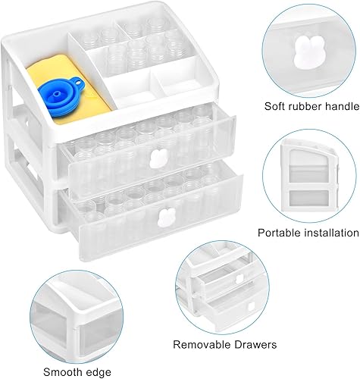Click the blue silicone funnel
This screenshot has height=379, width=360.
coord(62,97)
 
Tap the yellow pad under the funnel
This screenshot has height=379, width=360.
coord(68,89)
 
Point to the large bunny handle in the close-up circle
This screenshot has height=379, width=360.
coord(306,52)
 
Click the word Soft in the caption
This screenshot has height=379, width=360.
coord(274,106)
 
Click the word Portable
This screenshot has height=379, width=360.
coord(277,233)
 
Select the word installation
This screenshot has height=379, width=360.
coord(329,233)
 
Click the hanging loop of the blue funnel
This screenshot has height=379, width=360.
coord(78,82)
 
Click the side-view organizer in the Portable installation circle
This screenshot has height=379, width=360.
coord(309,176)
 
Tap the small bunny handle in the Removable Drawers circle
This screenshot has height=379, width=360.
coord(239,279)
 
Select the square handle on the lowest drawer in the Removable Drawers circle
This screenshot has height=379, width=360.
coord(251,306)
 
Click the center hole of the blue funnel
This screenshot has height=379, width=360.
coord(57,94)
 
